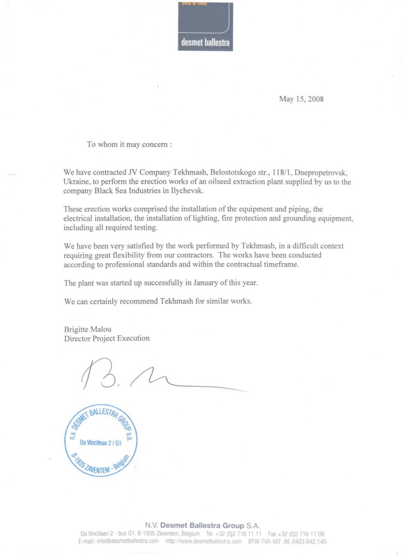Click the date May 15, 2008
[301, 99]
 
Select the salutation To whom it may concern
[129, 145]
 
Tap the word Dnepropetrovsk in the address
[316, 172]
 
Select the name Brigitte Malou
[88, 329]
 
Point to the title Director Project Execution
[107, 338]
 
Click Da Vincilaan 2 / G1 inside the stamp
[99, 443]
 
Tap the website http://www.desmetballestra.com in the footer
[203, 541]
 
